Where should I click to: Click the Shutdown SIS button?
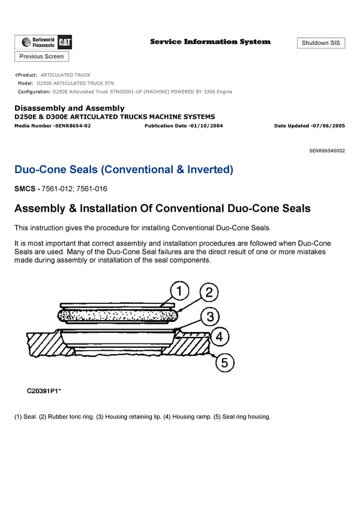321,43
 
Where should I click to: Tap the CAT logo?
65,42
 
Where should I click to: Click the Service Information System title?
210,42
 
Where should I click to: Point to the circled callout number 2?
208,293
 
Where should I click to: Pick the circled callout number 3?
208,316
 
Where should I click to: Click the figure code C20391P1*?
44,391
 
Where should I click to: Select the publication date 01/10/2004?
208,126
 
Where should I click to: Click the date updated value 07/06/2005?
328,126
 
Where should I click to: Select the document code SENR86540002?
327,150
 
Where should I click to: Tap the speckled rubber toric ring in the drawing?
114,314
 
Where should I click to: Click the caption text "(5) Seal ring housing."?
242,417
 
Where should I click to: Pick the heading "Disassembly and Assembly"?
69,108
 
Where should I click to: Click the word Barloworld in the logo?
46,39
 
